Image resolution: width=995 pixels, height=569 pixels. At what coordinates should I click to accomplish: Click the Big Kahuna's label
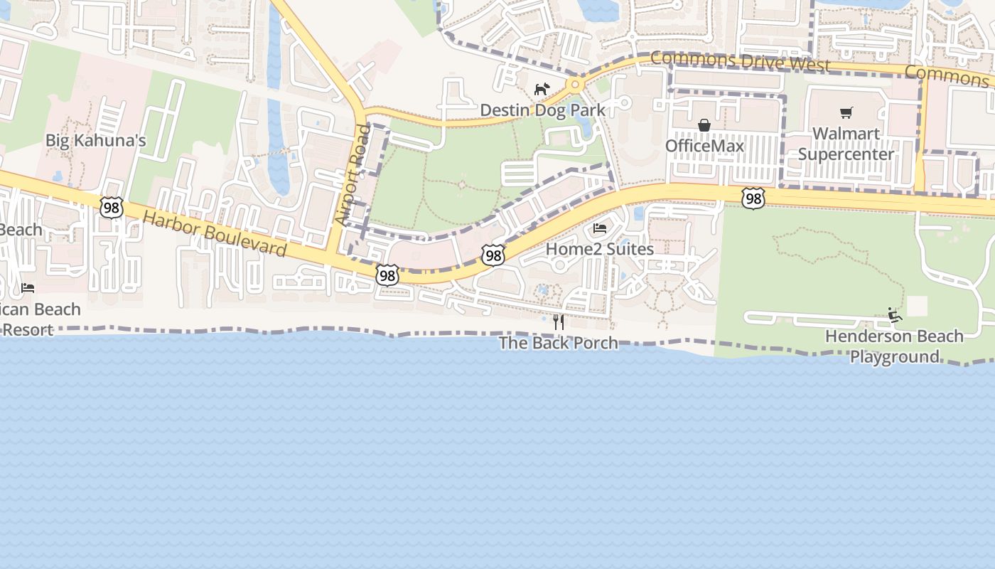95,140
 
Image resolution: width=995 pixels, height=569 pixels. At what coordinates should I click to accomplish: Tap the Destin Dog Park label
543,110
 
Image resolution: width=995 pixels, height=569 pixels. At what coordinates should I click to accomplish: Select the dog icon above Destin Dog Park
542,89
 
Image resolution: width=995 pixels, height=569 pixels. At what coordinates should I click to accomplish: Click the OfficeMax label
704,146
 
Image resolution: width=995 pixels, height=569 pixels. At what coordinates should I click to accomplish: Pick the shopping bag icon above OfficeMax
704,125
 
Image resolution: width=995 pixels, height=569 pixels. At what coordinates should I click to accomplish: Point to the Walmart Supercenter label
846,144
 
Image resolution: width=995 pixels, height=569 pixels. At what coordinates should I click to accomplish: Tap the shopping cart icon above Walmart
846,112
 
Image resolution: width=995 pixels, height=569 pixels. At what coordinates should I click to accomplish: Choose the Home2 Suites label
600,249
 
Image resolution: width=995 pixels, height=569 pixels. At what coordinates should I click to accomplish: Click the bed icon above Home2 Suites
600,228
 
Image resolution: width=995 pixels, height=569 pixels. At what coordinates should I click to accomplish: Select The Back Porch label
558,343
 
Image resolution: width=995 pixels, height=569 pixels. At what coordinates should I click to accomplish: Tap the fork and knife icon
558,322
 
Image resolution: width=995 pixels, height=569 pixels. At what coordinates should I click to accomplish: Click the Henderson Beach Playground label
894,346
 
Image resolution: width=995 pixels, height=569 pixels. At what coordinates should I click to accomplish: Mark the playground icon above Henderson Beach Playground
894,314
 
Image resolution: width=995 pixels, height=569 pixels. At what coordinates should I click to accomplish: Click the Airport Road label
353,175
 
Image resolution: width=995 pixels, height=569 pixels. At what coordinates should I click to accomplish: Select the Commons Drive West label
740,62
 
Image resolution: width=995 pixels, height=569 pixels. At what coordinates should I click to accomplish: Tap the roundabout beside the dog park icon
574,85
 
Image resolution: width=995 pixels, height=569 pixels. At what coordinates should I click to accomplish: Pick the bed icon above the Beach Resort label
28,288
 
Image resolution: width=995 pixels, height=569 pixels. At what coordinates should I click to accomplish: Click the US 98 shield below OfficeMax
753,198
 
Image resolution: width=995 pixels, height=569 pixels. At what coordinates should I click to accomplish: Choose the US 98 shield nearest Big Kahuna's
112,207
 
